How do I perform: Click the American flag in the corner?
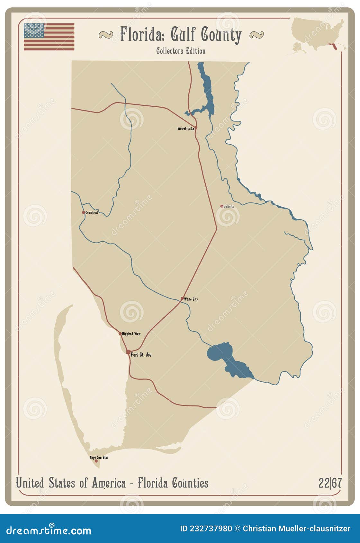pyautogui.click(x=49, y=37)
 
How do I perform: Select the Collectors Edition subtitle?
pyautogui.click(x=181, y=51)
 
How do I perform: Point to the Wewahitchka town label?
pyautogui.click(x=185, y=129)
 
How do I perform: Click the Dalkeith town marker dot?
pyautogui.click(x=222, y=206)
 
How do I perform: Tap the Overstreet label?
pyautogui.click(x=92, y=213)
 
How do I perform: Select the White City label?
pyautogui.click(x=191, y=299)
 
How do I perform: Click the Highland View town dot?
pyautogui.click(x=120, y=334)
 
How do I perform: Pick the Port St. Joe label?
pyautogui.click(x=141, y=355)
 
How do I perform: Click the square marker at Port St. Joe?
pyautogui.click(x=128, y=352)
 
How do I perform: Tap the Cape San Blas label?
pyautogui.click(x=99, y=457)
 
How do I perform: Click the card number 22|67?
pyautogui.click(x=330, y=483)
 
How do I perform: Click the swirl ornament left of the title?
pyautogui.click(x=106, y=34)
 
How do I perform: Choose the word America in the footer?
pyautogui.click(x=108, y=483)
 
